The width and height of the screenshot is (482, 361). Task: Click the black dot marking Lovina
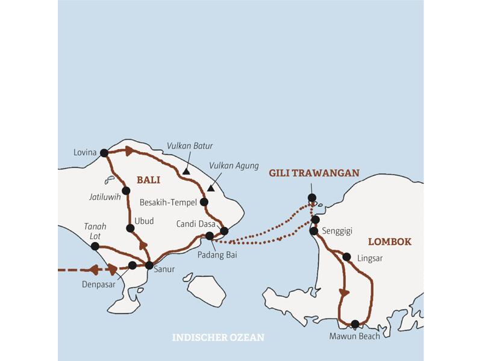(x=104, y=153)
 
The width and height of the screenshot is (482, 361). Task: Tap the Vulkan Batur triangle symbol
(x=187, y=171)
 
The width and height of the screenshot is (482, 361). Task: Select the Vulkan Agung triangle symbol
(x=210, y=188)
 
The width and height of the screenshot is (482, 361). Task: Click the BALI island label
(x=149, y=179)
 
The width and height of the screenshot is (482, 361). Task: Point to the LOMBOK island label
(x=389, y=241)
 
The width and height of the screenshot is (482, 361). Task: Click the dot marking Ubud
(x=130, y=228)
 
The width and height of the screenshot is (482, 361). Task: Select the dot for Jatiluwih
(x=126, y=191)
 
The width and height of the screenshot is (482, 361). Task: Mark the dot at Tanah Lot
(x=95, y=246)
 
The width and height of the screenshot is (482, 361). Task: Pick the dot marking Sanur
(x=149, y=265)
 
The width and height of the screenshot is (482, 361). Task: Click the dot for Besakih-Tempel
(x=204, y=202)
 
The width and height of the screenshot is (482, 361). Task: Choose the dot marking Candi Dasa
(x=224, y=231)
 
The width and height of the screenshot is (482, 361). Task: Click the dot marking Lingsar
(x=346, y=257)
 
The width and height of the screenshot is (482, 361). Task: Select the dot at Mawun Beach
(x=355, y=324)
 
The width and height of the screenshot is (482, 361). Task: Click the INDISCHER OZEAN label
(x=218, y=338)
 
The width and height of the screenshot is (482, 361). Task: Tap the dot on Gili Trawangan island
(x=311, y=197)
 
